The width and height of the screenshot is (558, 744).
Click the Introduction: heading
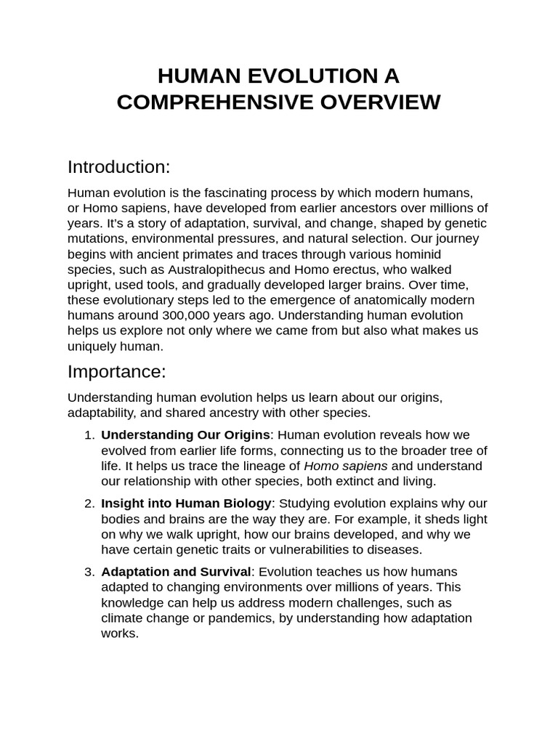118,167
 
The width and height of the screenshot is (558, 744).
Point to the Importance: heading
116,371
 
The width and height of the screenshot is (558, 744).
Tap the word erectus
349,270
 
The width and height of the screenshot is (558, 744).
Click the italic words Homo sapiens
345,466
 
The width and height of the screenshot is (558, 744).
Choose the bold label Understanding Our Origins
185,434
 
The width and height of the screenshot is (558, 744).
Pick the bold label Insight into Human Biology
187,504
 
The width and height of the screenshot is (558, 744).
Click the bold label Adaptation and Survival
176,572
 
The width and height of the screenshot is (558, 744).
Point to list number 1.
89,434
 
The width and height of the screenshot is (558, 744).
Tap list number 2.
89,504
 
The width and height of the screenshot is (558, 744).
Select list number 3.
89,572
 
